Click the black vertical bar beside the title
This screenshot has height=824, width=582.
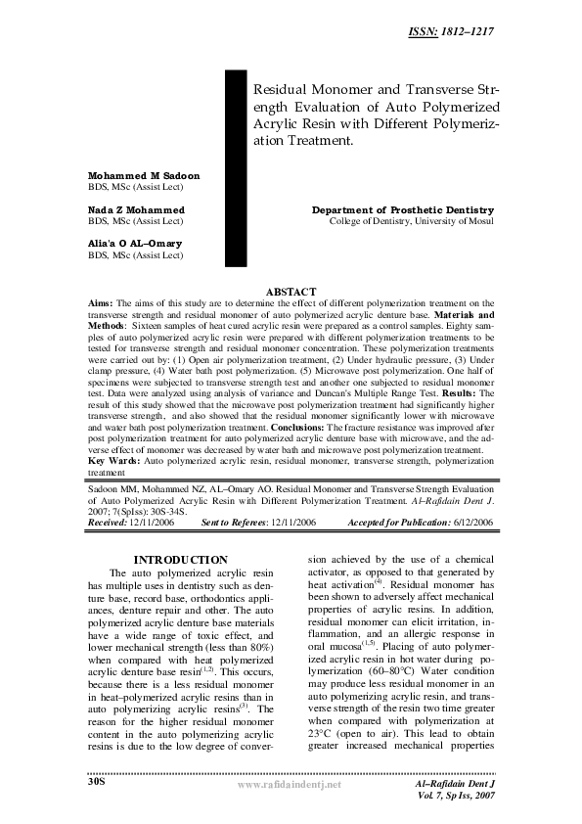pos(238,166)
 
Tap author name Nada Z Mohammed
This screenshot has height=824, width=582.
pos(136,209)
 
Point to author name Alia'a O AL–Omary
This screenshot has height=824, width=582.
pos(134,244)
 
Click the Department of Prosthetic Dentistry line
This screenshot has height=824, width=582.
pos(403,210)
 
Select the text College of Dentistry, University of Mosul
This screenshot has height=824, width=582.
pos(411,221)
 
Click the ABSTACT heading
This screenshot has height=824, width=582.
pos(291,292)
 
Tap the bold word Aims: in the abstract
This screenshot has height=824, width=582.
pos(102,304)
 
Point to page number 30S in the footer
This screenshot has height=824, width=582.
pos(96,783)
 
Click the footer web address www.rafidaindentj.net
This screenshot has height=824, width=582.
pos(291,786)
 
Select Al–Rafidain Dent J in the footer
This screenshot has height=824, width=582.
pos(458,786)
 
